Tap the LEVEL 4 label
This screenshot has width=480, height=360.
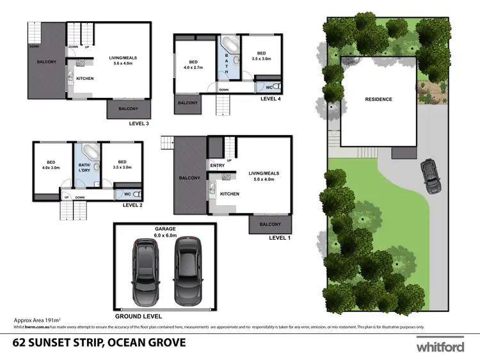point(271,99)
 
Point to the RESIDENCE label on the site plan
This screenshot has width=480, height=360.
point(378,99)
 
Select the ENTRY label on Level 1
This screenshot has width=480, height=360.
point(217,166)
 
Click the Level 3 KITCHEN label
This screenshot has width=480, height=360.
point(85,79)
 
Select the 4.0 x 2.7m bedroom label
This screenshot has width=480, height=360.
point(193,64)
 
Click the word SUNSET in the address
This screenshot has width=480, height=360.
point(63,343)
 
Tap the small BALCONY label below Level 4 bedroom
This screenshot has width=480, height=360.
point(187,102)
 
